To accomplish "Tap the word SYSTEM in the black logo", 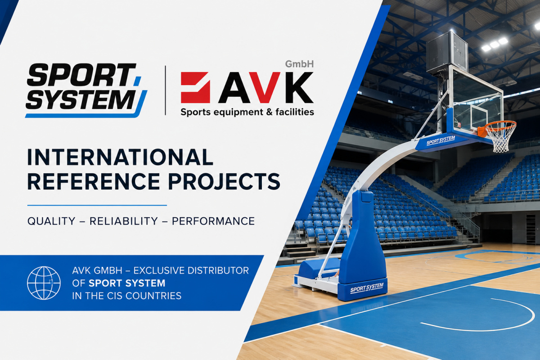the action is (81, 99).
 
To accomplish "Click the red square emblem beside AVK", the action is (195, 88).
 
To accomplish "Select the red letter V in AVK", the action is (265, 87).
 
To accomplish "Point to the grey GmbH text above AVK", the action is (299, 64).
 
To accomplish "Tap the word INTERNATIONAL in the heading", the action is (120, 157).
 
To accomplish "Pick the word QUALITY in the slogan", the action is (51, 221).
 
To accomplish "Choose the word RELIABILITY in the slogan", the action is (124, 221).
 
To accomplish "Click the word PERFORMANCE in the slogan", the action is (213, 221).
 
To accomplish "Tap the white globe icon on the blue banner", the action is (44, 283).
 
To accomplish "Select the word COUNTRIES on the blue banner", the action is (153, 296).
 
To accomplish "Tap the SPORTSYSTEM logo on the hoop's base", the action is (367, 288).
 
